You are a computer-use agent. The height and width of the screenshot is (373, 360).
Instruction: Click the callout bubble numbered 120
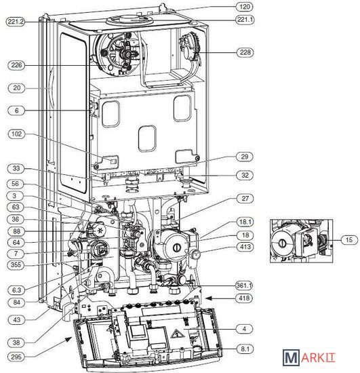click(245, 7)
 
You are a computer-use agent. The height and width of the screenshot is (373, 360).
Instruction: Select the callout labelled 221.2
click(16, 22)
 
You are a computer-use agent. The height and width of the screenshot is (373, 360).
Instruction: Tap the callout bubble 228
click(245, 52)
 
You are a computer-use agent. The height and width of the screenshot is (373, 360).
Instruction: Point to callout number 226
click(16, 65)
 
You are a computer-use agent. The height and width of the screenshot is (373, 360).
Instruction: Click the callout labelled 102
click(16, 134)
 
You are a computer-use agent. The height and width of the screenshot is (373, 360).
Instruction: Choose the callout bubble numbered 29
click(245, 157)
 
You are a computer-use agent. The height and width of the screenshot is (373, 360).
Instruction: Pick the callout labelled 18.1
click(245, 222)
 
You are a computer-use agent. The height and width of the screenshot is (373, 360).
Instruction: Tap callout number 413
click(245, 247)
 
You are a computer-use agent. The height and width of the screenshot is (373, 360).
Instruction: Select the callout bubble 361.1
click(244, 285)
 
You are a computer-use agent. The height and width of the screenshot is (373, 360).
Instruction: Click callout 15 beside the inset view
click(349, 239)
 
